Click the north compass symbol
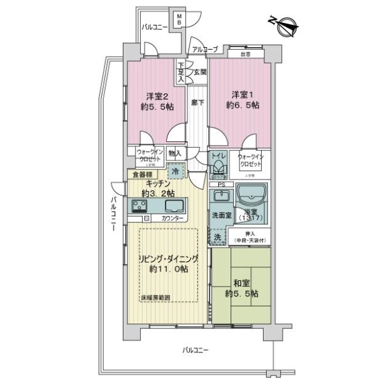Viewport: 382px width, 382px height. click(284, 25)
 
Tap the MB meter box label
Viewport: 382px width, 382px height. click(180, 20)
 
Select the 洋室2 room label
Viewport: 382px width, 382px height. click(157, 97)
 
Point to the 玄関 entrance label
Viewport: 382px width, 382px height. click(200, 73)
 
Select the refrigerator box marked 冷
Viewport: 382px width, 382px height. click(175, 171)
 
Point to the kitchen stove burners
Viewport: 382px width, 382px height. click(139, 206)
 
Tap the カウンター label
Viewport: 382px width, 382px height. click(171, 219)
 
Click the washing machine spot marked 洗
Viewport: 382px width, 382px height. click(217, 237)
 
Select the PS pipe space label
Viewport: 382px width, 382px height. click(221, 185)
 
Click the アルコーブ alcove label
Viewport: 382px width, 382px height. click(205, 49)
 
